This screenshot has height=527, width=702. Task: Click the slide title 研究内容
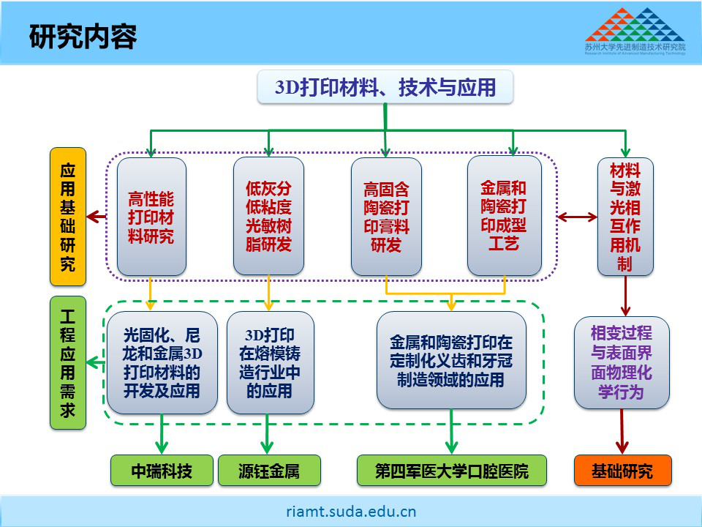pos(83,37)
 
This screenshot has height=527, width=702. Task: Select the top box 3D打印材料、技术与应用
pos(385,89)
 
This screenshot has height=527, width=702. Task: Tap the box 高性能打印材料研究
pos(151,217)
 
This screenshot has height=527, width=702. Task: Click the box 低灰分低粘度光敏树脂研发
pos(268,217)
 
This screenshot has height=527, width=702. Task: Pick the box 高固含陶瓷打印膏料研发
pos(386,217)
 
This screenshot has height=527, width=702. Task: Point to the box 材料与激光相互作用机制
pos(624,217)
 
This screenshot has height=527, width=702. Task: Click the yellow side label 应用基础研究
pos(68,217)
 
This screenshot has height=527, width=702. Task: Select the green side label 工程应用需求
pos(68,362)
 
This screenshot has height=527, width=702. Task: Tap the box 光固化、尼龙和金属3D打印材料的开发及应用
pos(162,362)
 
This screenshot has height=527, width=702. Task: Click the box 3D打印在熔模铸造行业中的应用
pos(270,362)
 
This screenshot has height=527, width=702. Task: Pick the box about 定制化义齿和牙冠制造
pos(451,361)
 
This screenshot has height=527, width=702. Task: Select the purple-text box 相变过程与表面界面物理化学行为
pos(622,362)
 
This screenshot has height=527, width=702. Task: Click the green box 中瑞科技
pos(162,471)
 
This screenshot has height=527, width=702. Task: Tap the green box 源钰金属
pos(269,471)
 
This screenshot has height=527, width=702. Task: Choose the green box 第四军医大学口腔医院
pos(451,471)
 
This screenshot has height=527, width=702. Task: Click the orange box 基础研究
pos(622,471)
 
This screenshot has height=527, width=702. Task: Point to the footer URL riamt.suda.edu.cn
pos(351,511)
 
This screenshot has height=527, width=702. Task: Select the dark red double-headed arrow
pos(577,217)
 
